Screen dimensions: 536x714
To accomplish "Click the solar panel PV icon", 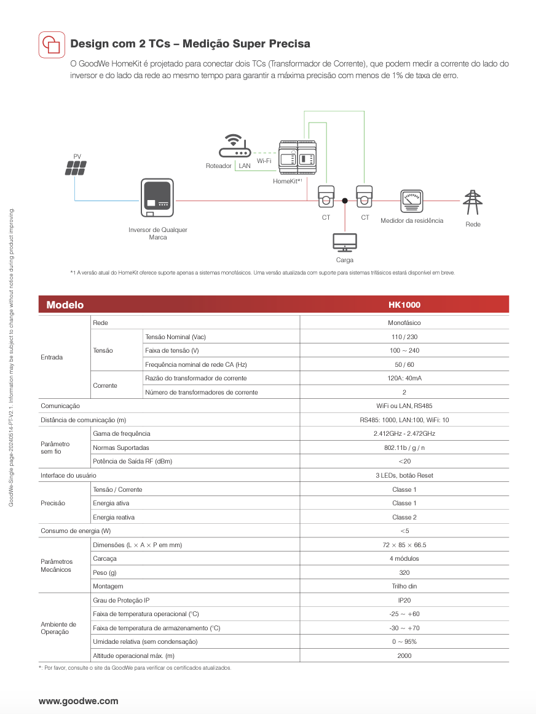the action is coord(76,168).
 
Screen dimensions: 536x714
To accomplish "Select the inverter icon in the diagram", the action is coord(157,198).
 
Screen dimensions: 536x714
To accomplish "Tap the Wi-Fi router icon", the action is coord(235,146).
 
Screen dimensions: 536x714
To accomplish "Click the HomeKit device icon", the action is coord(298,157).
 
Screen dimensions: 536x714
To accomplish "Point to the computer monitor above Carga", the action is coord(345,243).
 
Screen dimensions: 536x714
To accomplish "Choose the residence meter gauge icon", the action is coord(412,201).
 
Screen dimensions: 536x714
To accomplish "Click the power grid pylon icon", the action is coord(473,203).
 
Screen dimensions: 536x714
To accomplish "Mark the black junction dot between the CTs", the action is coord(345,201).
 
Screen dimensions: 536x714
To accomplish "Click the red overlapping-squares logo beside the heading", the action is coord(52,44).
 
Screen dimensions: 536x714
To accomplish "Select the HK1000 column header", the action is coord(404,305).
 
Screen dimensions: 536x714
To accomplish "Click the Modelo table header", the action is coord(65,305).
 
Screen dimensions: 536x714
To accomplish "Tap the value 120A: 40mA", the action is coord(404,378).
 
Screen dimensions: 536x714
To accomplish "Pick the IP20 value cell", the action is coord(404,600).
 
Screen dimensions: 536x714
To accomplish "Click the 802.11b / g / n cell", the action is coord(404,447).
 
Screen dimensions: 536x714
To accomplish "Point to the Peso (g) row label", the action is coord(104,572).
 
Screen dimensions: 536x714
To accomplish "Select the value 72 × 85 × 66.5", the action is coord(404,545).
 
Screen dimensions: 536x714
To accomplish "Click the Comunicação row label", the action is coord(60,406).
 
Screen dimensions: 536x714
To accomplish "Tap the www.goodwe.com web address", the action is coord(78,701).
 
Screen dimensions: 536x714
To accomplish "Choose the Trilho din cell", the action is coord(404,586).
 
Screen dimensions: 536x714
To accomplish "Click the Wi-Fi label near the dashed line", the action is coord(264,161).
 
